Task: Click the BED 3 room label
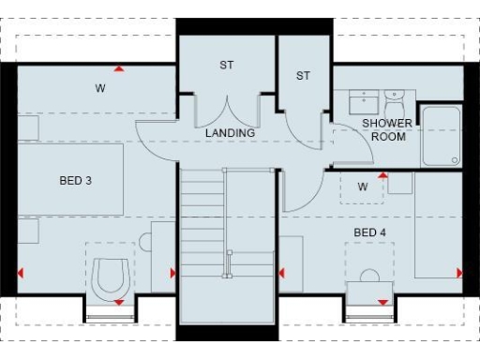pyautogui.click(x=75, y=179)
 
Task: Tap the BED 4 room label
pyautogui.click(x=368, y=232)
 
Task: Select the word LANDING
pyautogui.click(x=231, y=133)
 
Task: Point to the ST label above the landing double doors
pyautogui.click(x=226, y=65)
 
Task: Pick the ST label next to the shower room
pyautogui.click(x=302, y=76)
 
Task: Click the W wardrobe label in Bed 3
pyautogui.click(x=99, y=89)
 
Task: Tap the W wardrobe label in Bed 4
pyautogui.click(x=362, y=187)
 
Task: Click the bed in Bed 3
pyautogui.click(x=66, y=179)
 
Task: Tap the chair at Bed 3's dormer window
pyautogui.click(x=112, y=275)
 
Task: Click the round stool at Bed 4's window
pyautogui.click(x=369, y=277)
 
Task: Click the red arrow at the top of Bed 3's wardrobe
pyautogui.click(x=119, y=68)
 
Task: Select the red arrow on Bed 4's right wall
pyautogui.click(x=460, y=273)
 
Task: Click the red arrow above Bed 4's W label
pyautogui.click(x=382, y=174)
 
